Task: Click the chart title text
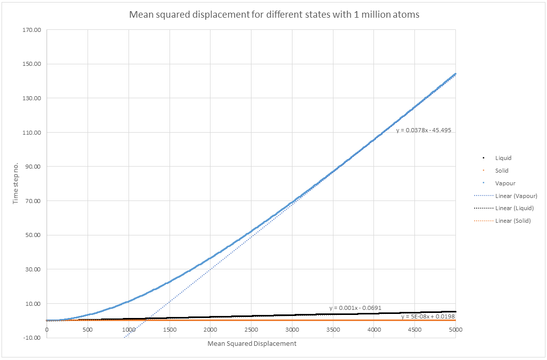tap(274, 15)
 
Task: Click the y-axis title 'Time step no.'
tap(16, 183)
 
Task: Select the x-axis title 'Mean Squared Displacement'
tap(251, 343)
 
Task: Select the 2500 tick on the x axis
tap(251, 330)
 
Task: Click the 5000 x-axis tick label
tap(456, 330)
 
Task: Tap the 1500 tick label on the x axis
tap(170, 330)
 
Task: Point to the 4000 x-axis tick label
tap(374, 330)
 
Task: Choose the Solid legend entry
tap(501, 171)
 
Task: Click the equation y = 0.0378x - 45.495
tap(424, 130)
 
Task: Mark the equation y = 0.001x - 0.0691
tap(355, 308)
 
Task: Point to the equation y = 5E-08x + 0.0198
tap(428, 316)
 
